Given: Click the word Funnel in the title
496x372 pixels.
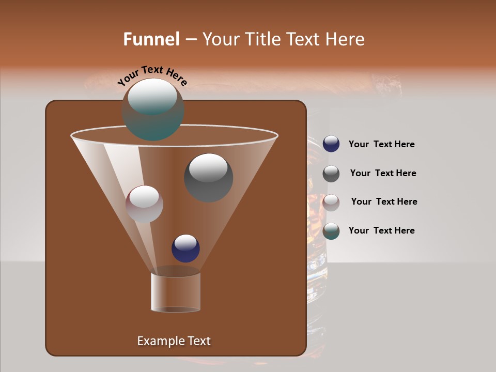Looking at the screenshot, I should (151, 39).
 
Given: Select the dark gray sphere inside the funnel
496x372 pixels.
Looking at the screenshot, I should (209, 178).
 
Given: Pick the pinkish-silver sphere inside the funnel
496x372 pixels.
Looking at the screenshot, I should (144, 204).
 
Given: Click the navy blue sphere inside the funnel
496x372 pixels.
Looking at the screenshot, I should (185, 249).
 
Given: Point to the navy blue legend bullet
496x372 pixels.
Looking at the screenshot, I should (331, 144).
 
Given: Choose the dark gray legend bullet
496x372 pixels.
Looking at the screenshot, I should (331, 174).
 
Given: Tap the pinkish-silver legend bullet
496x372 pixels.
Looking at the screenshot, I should (331, 203).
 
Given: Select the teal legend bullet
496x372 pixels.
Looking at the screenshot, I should (331, 231).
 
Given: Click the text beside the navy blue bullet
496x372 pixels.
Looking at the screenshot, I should (381, 144).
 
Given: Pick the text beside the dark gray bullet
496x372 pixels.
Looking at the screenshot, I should (383, 173).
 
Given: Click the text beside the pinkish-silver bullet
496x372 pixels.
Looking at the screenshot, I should (384, 202).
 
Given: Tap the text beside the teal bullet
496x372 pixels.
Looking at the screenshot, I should (381, 230).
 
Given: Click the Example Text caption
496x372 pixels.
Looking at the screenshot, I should (174, 341).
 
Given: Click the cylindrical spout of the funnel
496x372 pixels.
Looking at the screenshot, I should (176, 292).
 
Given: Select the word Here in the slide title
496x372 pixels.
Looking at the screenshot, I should (346, 39).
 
